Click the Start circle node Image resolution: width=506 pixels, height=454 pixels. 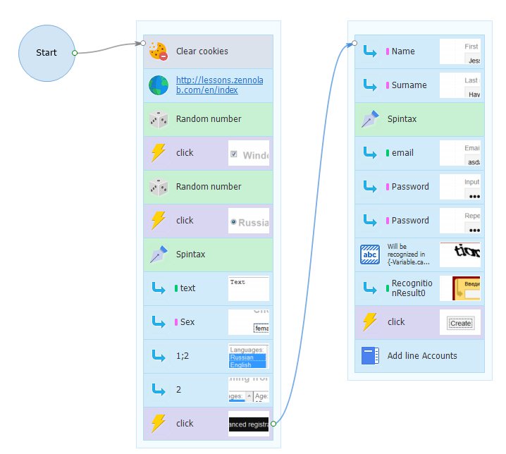click(47, 53)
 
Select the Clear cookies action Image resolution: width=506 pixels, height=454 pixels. click(202, 51)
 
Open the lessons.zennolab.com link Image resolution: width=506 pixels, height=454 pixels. click(206, 85)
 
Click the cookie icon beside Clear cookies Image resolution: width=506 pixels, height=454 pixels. click(158, 51)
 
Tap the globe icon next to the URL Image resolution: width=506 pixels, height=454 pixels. click(158, 85)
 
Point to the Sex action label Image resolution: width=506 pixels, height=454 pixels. click(187, 322)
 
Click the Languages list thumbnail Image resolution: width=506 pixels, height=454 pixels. click(248, 356)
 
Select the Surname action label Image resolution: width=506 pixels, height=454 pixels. click(409, 85)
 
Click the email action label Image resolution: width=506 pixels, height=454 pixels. click(402, 153)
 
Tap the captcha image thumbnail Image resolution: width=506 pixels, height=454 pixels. click(459, 254)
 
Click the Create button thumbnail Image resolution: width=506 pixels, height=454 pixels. click(459, 322)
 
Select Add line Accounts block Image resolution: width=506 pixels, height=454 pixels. click(422, 356)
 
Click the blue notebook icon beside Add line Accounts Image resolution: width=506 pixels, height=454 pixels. click(370, 356)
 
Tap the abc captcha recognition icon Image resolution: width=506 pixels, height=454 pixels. click(370, 254)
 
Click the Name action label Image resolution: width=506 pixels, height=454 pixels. click(403, 51)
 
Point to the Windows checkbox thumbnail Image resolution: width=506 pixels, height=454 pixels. click(248, 153)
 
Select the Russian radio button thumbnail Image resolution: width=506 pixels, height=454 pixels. click(248, 221)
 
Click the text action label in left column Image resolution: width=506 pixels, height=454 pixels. click(187, 288)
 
